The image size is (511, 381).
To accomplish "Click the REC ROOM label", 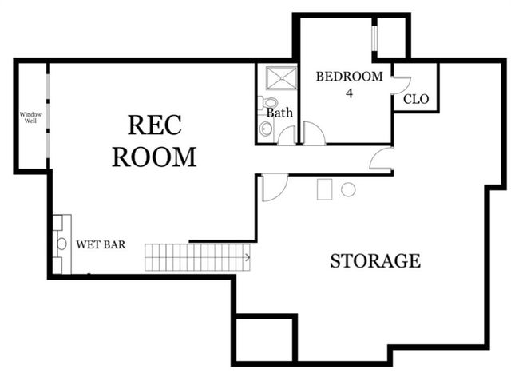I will [154, 141].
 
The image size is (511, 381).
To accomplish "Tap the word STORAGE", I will [375, 260].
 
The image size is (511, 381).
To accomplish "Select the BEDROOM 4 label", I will [349, 83].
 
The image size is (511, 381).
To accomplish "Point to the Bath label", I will [279, 113].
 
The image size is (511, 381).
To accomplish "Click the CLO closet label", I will [416, 100].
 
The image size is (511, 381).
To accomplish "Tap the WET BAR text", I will [101, 244].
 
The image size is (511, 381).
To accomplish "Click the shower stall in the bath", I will [279, 78].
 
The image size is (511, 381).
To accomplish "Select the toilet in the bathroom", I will [268, 104].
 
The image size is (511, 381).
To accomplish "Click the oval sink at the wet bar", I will [61, 244].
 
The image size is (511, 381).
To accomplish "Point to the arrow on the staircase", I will [247, 257].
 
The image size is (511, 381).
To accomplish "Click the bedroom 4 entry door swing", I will [314, 134].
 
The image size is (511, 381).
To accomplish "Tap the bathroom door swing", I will [287, 136].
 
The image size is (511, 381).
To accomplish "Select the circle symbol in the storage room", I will [348, 189].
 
